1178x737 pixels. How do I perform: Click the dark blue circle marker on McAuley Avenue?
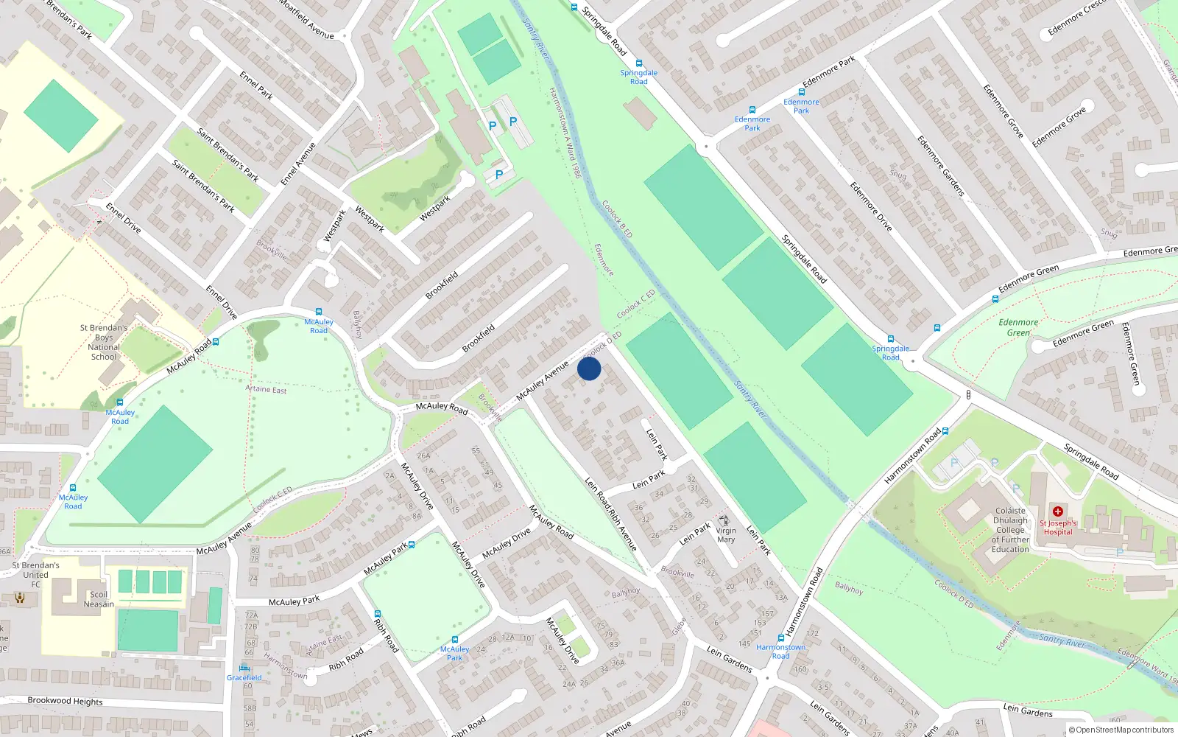(x=589, y=368)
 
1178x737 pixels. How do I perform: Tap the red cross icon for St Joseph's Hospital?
(x=1058, y=511)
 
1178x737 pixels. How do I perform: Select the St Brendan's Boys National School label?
(x=104, y=342)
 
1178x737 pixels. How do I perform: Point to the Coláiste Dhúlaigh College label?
(x=1010, y=530)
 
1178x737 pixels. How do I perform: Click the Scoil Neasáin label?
(x=99, y=599)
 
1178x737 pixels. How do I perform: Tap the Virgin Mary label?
(x=726, y=535)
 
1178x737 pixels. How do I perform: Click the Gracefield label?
(x=244, y=677)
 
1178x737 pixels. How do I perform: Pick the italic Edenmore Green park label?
(x=1018, y=327)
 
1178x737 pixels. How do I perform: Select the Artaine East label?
(x=266, y=389)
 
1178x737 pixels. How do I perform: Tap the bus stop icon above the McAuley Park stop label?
(x=454, y=640)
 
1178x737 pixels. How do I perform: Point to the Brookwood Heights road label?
(x=65, y=701)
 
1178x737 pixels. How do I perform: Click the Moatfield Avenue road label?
(x=307, y=19)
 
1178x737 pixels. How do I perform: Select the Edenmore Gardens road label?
(x=940, y=165)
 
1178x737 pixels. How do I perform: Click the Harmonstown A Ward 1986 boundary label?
(x=565, y=133)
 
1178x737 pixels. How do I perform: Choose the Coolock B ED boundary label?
(x=617, y=219)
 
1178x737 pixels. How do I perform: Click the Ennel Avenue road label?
(x=298, y=164)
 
